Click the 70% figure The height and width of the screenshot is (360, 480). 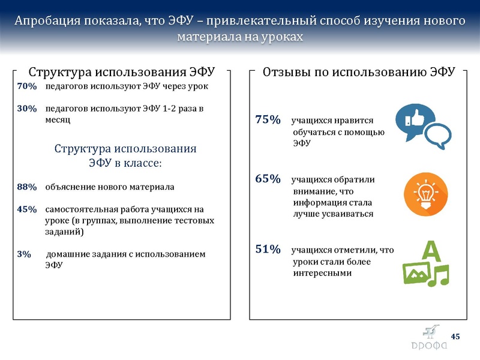click(27, 86)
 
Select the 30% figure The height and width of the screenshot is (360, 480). click(27, 109)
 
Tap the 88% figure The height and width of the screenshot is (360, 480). click(27, 187)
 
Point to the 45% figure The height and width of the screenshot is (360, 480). click(27, 209)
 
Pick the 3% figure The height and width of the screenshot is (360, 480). click(24, 254)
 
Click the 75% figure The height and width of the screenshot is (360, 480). click(268, 119)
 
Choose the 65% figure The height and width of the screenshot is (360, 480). click(268, 179)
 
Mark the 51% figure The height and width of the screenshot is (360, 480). click(268, 250)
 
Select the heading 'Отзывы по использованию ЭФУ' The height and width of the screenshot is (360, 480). click(359, 72)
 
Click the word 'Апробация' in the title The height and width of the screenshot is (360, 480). click(49, 21)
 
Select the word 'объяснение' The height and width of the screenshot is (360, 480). click(69, 187)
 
